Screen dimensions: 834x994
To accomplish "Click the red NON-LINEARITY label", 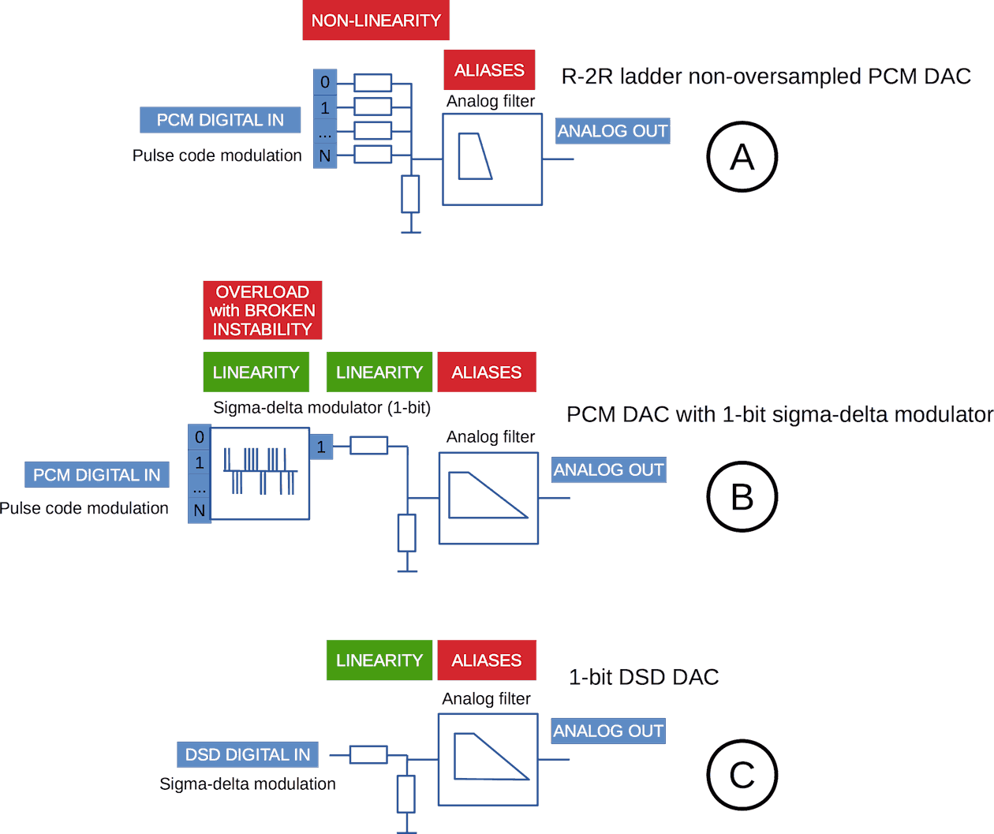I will pos(376,21).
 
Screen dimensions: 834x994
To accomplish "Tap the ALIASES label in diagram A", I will pos(489,70).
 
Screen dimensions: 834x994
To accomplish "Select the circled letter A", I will pos(742,157).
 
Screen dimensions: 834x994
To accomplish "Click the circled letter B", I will pos(742,497).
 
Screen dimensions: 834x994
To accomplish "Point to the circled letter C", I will pos(742,775).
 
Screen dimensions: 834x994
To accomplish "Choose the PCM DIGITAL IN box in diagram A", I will pos(220,120).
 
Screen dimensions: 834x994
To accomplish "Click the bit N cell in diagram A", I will pos(325,156).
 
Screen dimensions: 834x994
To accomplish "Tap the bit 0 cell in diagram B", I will pos(200,437).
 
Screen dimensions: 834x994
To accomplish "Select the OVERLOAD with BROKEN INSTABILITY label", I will pos(262,310).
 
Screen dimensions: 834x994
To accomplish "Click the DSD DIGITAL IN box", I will pos(248,755).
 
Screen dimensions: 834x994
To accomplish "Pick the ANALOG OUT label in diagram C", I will pos(608,731).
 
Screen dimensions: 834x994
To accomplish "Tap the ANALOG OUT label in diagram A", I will pos(612,131).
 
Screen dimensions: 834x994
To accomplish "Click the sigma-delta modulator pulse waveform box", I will pos(260,473).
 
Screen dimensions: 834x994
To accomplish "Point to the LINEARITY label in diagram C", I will pos(379,660).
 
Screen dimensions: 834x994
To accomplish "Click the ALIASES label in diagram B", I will pos(487,372).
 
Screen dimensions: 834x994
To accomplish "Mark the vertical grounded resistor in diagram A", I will pos(410,194).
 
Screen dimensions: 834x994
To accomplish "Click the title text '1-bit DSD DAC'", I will pos(644,677).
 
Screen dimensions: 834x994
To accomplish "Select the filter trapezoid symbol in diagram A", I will pos(475,156).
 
